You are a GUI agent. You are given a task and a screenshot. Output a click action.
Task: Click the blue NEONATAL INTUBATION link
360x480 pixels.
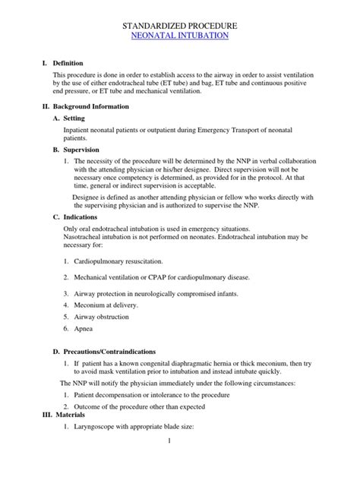tap(181, 36)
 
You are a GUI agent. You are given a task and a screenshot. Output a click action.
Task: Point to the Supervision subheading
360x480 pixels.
tap(84, 150)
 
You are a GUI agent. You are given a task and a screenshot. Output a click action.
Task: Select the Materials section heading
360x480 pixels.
tap(64, 415)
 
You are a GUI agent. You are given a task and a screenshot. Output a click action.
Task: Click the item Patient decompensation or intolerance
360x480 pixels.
tap(152, 395)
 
